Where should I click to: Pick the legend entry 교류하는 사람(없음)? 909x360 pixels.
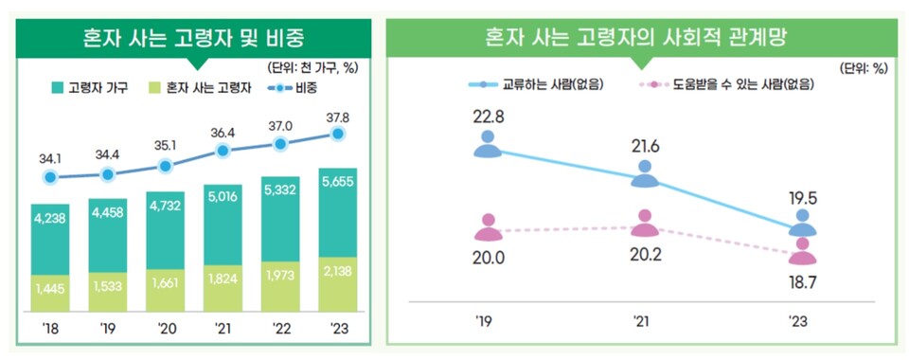click(536, 84)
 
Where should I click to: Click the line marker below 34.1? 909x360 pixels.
click(50, 176)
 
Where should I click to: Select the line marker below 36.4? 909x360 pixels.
click(223, 150)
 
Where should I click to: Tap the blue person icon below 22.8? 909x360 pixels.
click(489, 145)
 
